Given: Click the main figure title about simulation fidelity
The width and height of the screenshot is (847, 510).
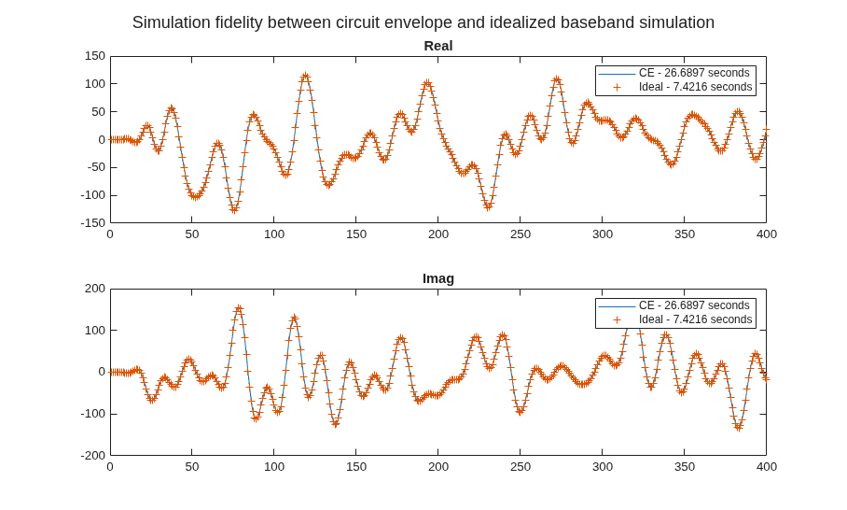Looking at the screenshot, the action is click(423, 22).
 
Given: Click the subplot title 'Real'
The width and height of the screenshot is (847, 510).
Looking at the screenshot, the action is click(438, 46).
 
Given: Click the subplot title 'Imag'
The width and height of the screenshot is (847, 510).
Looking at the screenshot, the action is click(438, 278).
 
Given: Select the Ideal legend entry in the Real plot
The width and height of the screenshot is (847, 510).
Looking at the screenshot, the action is click(674, 87).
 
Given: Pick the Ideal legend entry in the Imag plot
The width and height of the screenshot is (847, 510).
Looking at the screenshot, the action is click(674, 319).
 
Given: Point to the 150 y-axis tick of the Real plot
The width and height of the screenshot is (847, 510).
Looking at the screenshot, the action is click(94, 56).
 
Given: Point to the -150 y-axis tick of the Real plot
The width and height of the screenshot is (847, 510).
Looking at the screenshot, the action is click(93, 223).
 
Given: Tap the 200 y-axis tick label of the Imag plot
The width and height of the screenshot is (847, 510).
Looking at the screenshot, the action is click(94, 289).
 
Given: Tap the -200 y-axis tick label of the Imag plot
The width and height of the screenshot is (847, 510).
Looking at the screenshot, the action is click(93, 456).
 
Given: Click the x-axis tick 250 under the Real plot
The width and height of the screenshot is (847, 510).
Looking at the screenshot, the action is click(521, 234).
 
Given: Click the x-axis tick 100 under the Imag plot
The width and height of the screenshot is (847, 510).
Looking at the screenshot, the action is click(274, 467).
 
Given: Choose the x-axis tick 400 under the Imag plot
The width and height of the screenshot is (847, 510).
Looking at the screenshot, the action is click(767, 467).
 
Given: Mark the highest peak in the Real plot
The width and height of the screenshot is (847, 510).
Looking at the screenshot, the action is click(306, 76).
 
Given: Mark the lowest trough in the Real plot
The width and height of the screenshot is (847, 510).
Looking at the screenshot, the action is click(234, 209).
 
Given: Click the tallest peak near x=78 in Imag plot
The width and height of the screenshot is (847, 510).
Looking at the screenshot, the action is click(239, 308).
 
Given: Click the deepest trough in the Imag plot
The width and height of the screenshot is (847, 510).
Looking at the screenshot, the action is click(739, 427).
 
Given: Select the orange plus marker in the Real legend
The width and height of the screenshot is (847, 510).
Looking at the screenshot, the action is click(617, 87).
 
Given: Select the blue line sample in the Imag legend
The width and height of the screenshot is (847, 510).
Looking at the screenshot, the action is click(617, 306).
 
